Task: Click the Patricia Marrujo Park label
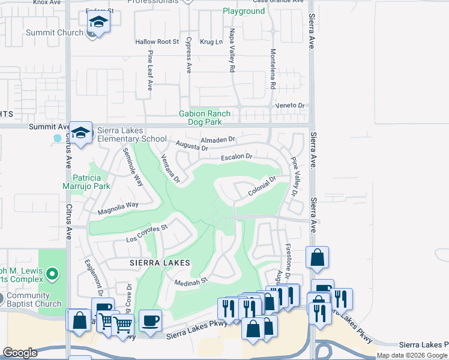pyautogui.click(x=92, y=182)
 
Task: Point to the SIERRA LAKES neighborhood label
pyautogui.click(x=158, y=263)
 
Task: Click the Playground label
pyautogui.click(x=244, y=11)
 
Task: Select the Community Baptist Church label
pyautogui.click(x=31, y=300)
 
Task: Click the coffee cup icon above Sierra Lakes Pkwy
pyautogui.click(x=150, y=320)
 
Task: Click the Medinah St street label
pyautogui.click(x=191, y=280)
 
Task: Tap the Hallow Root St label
pyautogui.click(x=157, y=42)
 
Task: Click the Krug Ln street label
pyautogui.click(x=211, y=42)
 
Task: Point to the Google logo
pyautogui.click(x=20, y=353)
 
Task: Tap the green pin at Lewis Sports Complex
pyautogui.click(x=52, y=275)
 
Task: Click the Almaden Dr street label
pyautogui.click(x=219, y=139)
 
